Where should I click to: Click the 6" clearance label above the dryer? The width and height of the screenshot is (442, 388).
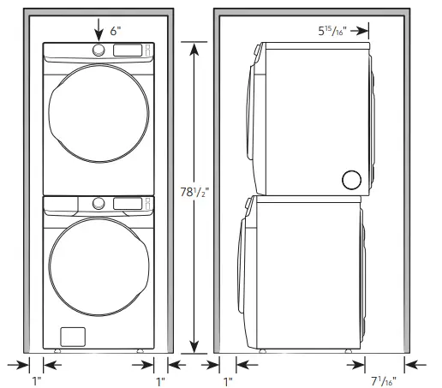point(115,31)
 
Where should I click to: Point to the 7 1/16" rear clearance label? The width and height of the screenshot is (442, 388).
point(383,379)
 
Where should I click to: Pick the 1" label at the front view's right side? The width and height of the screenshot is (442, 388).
point(160,379)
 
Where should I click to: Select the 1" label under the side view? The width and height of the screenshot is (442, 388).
point(228,379)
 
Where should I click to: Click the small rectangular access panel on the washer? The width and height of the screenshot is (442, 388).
point(72,335)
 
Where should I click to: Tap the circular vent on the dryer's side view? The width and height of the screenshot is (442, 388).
point(351,179)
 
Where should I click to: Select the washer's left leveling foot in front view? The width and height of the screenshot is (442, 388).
point(57,350)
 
